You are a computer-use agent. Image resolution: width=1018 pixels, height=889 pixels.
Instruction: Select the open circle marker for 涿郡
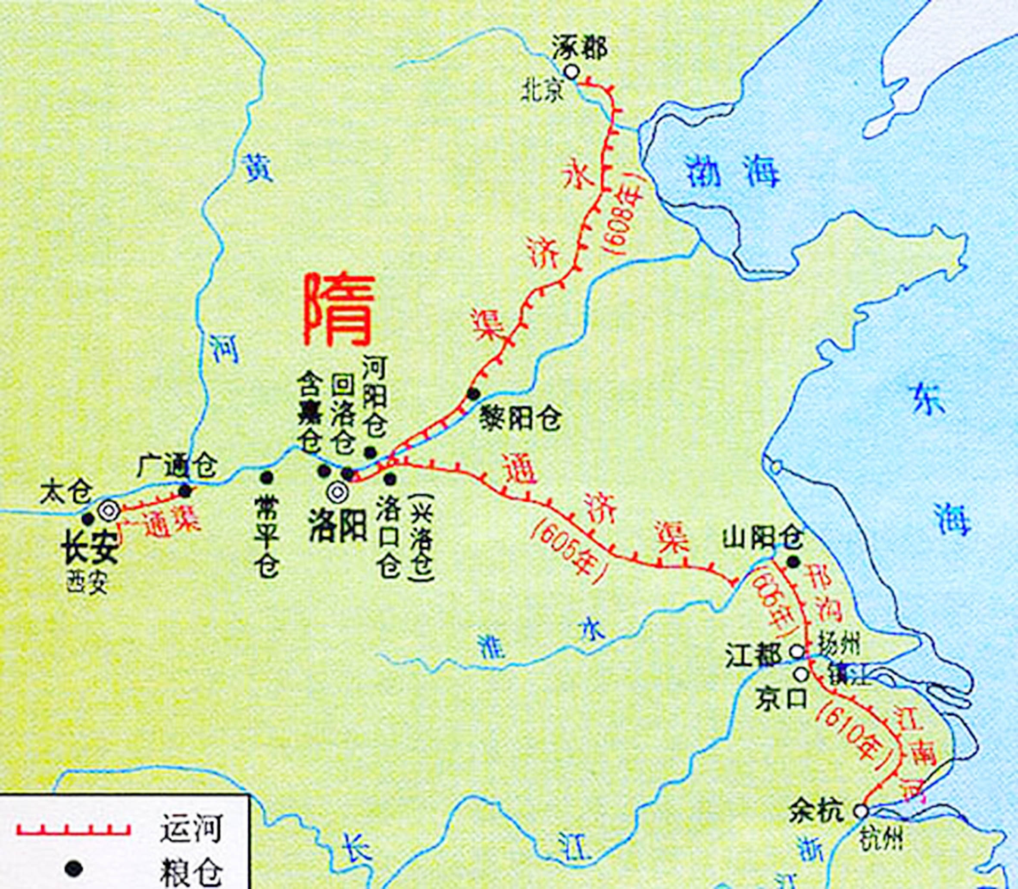pyautogui.click(x=572, y=72)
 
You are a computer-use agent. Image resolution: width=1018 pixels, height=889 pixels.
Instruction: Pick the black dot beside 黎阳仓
pyautogui.click(x=473, y=394)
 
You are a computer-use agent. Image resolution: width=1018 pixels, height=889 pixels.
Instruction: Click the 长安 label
pyautogui.click(x=89, y=550)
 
